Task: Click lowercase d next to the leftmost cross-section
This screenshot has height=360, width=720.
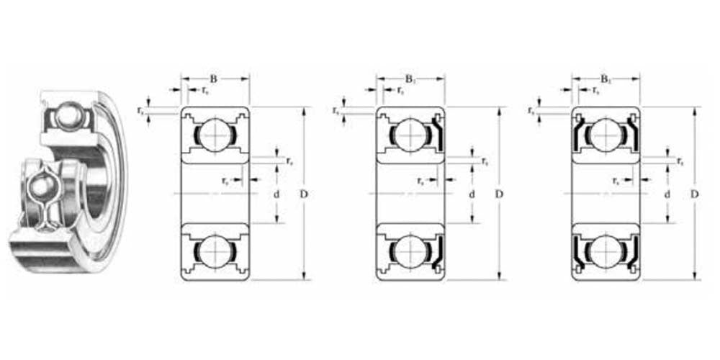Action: (275, 195)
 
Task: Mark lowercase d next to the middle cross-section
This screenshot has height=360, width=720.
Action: (472, 195)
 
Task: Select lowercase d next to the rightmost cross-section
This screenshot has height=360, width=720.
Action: (667, 195)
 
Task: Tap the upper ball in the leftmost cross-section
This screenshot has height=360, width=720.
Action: (214, 135)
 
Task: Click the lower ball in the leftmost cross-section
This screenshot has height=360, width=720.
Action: (214, 253)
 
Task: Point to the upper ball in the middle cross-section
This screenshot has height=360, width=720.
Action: (410, 135)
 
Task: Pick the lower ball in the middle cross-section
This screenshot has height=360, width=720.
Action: (410, 253)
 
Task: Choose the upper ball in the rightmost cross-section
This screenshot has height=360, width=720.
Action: (606, 135)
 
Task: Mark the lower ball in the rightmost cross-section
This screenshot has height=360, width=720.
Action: (606, 253)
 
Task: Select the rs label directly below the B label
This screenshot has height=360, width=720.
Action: (205, 91)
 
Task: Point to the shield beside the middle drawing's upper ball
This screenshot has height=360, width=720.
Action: (437, 134)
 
